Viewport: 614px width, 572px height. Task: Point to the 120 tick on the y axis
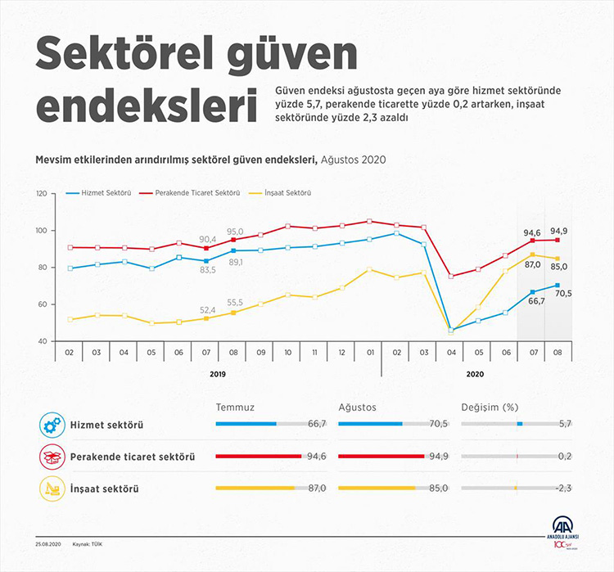41,193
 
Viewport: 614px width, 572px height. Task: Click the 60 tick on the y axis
43,304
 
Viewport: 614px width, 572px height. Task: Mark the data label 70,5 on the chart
563,293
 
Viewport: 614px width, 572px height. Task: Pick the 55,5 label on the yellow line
235,302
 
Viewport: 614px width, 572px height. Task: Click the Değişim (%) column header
489,406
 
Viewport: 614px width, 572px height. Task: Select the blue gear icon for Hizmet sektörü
51,425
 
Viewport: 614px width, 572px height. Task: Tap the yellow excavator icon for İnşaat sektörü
51,489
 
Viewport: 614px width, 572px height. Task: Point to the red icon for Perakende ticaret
51,457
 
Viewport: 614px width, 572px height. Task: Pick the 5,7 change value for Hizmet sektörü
564,424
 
